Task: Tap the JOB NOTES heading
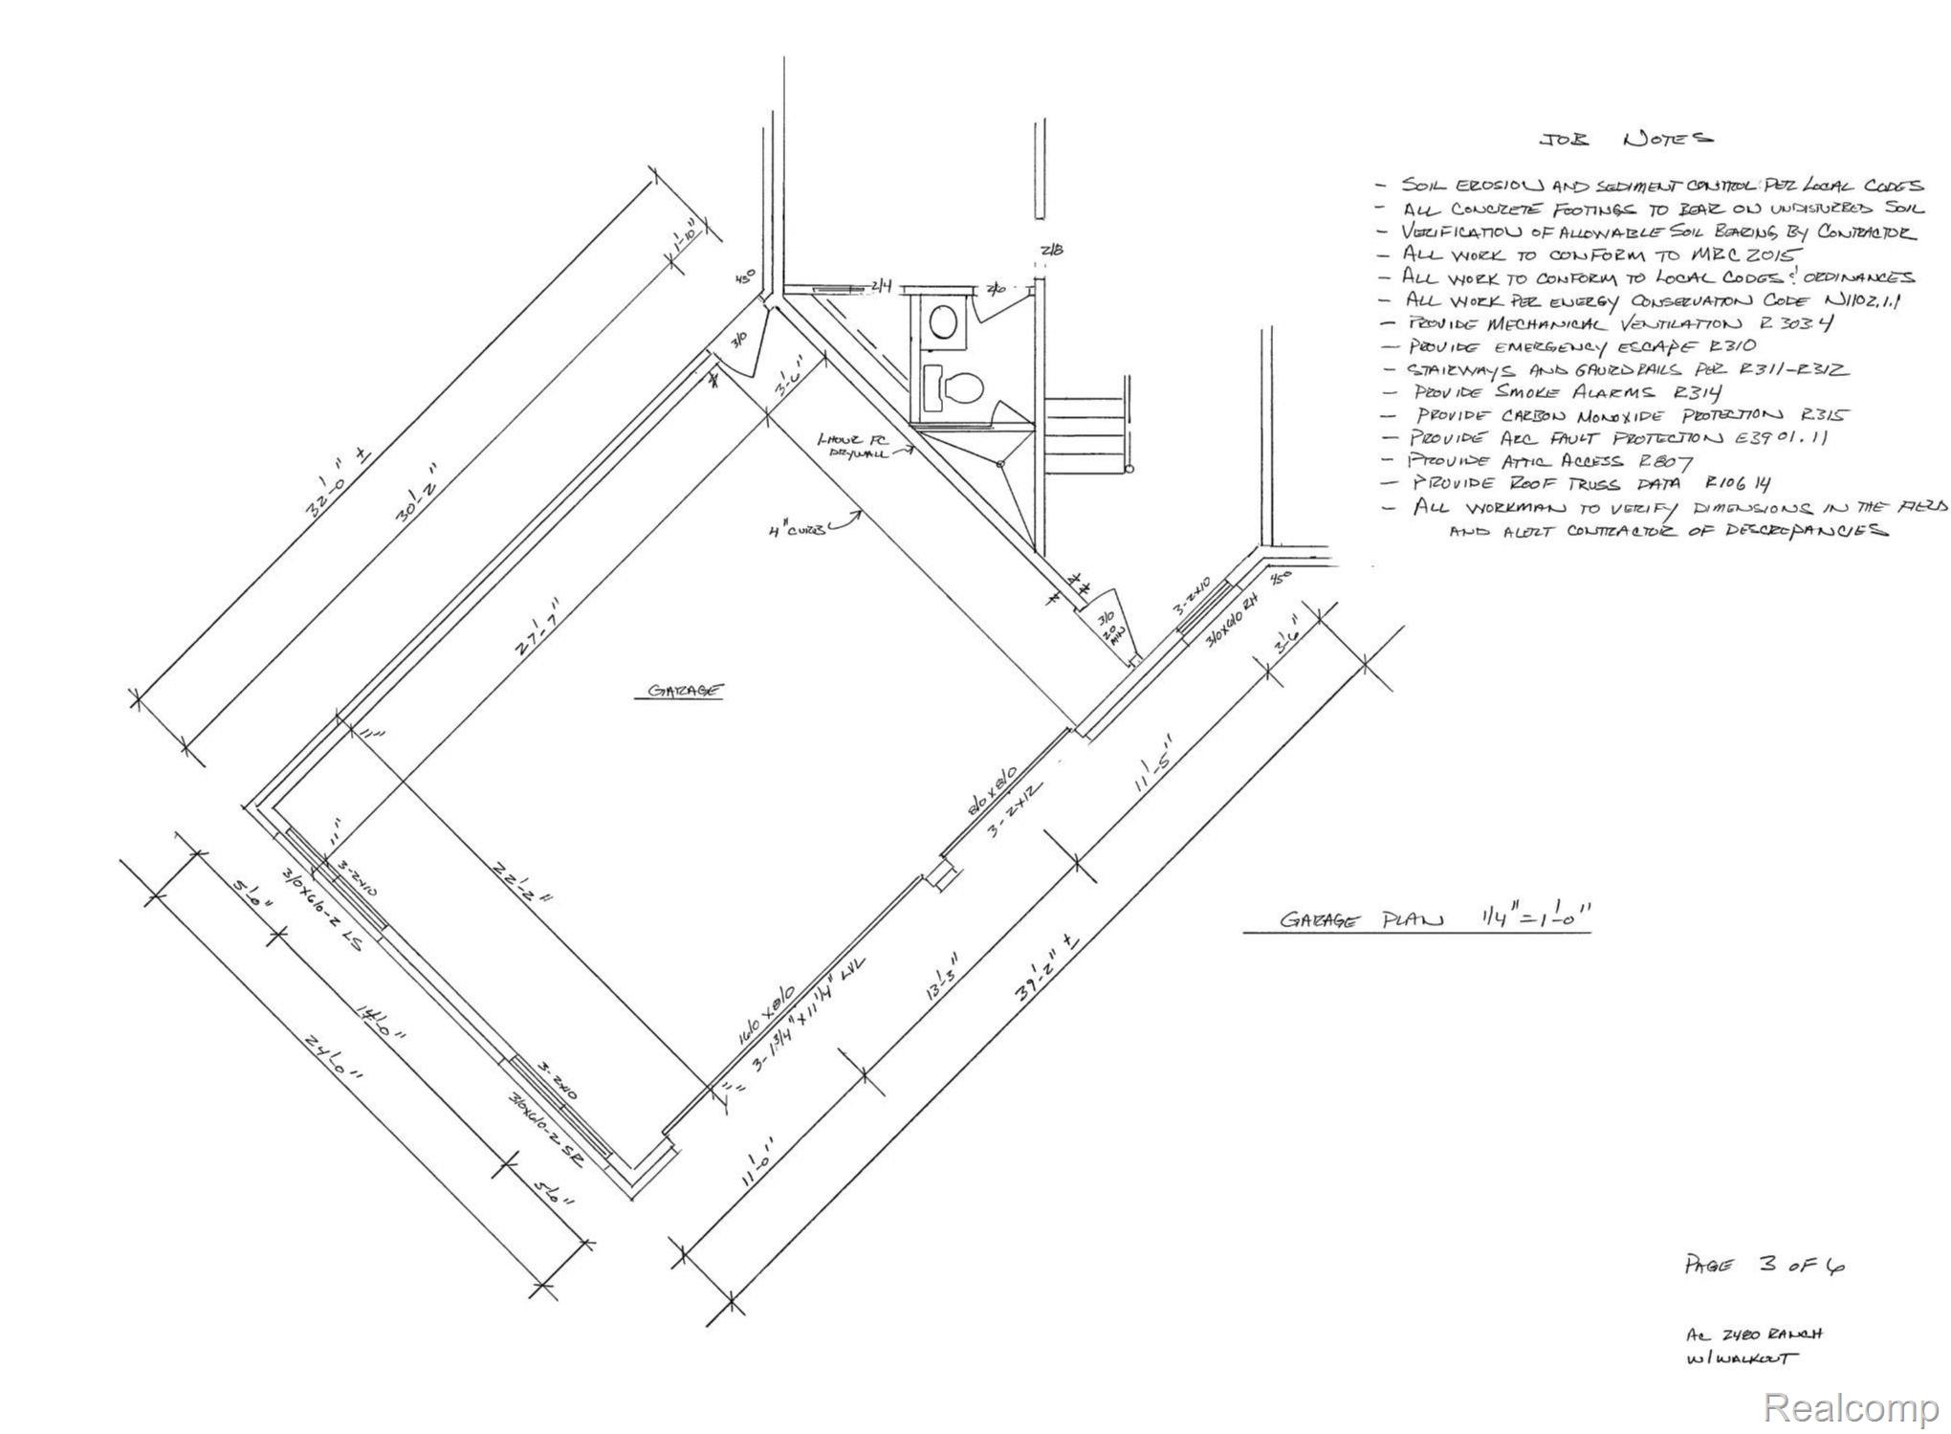(x=1625, y=140)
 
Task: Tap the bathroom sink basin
(x=944, y=322)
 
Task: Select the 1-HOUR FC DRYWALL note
(x=853, y=445)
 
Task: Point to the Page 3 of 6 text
(x=1764, y=1265)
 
